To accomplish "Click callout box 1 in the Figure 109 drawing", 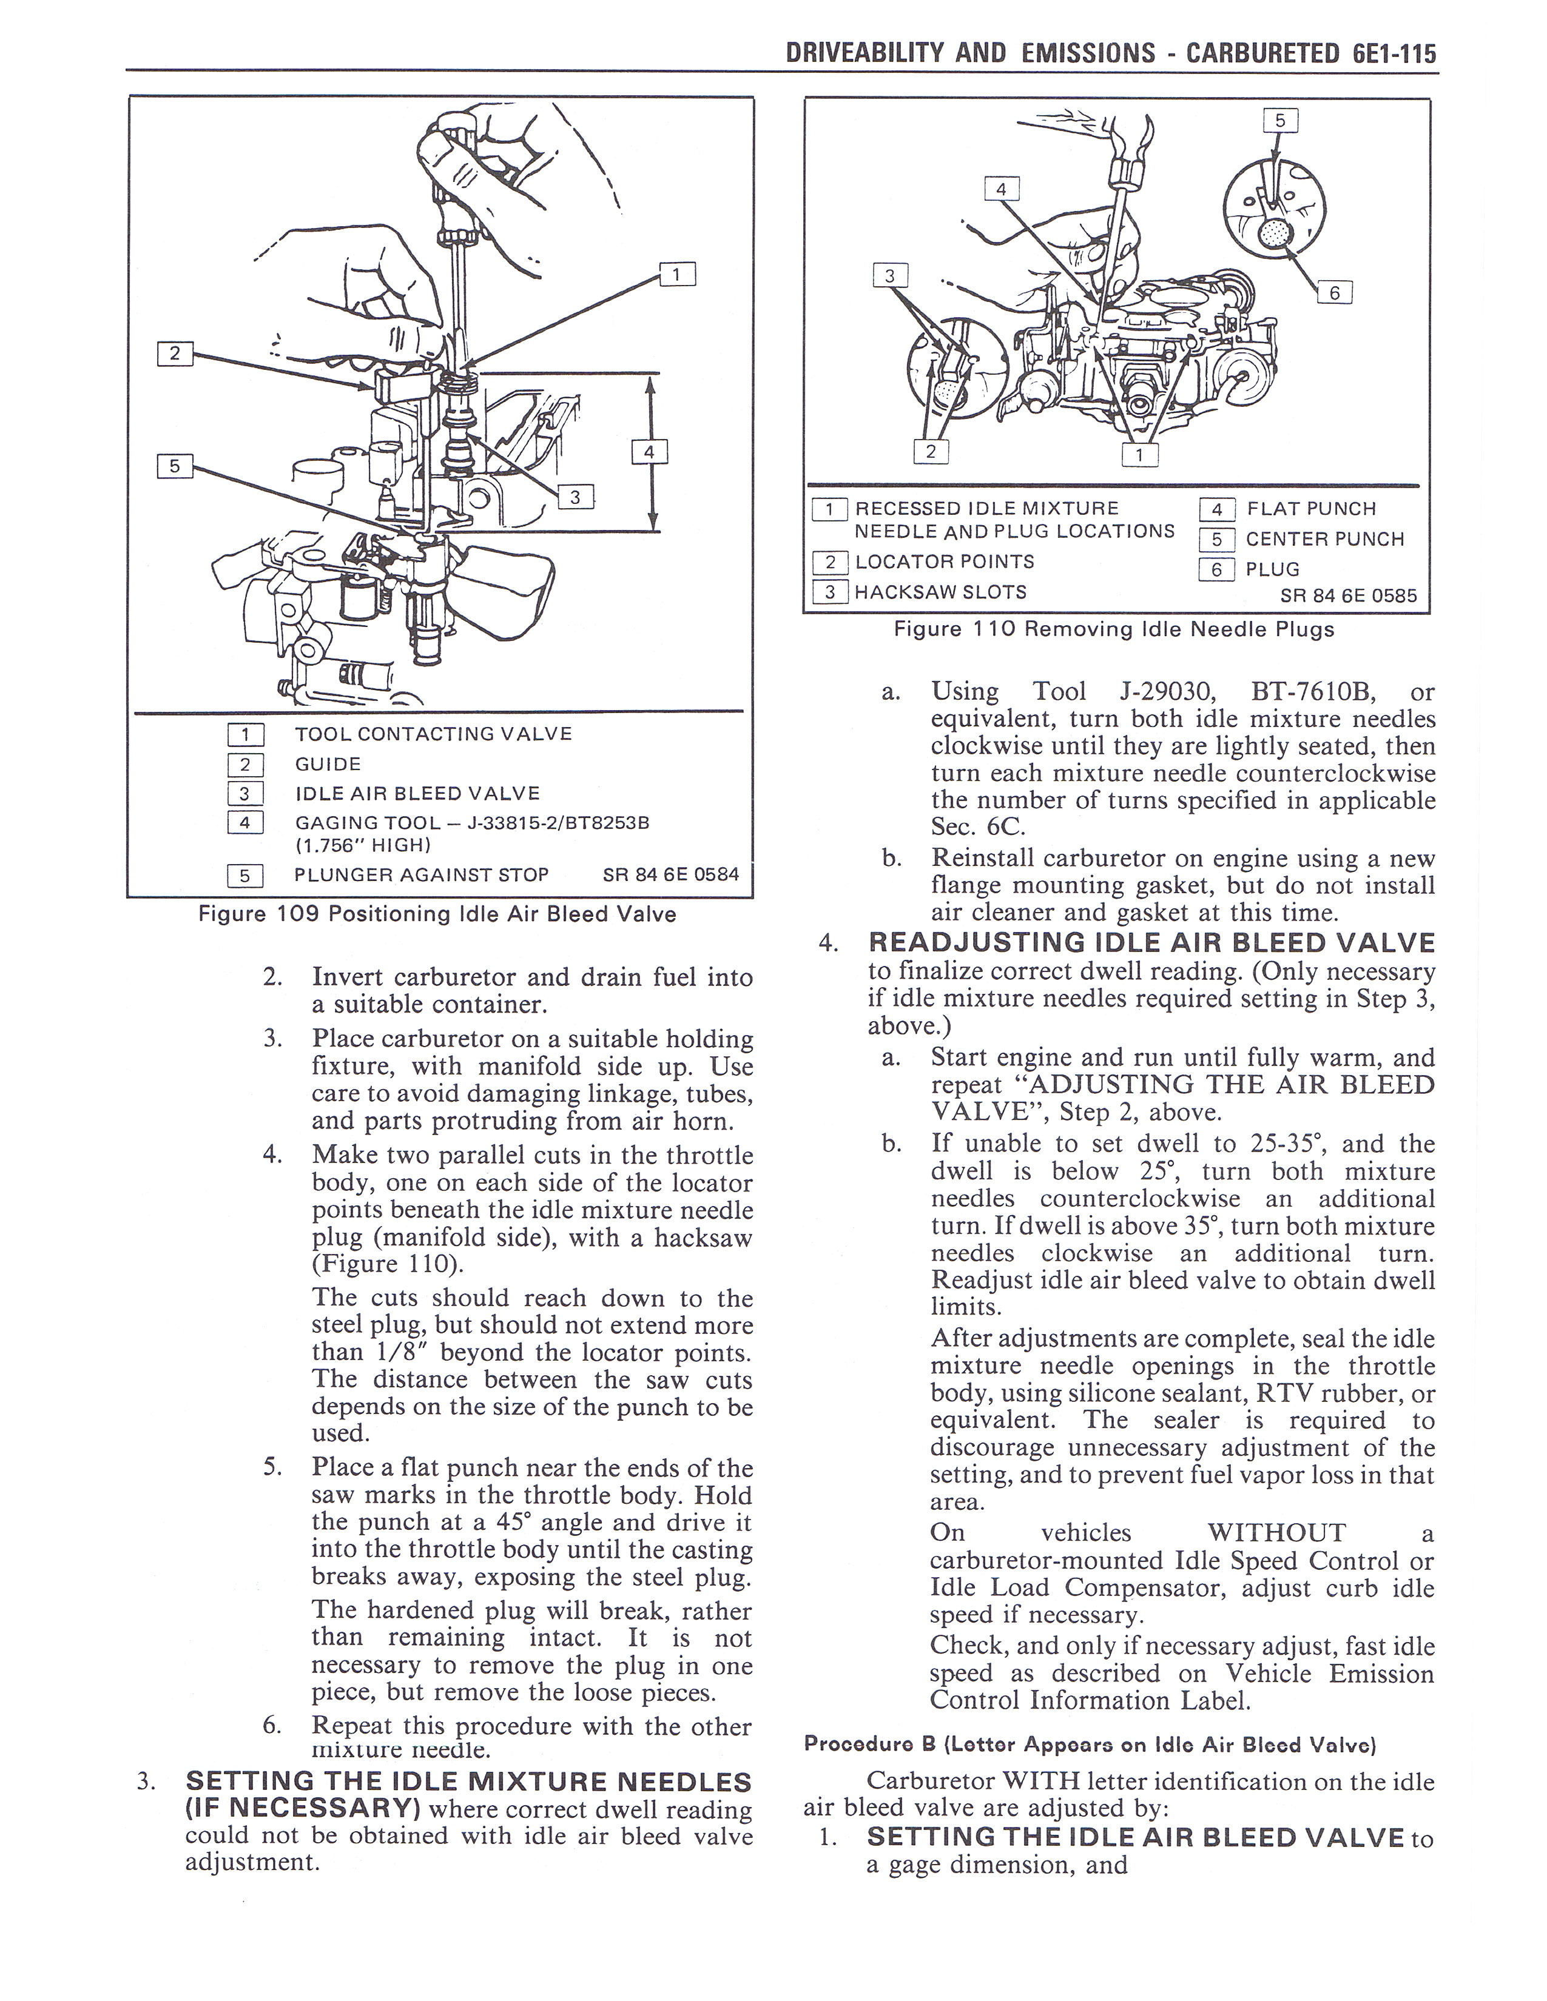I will [677, 274].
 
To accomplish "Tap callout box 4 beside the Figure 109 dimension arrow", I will [650, 452].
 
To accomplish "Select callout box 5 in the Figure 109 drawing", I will [174, 466].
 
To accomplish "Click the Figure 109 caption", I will [437, 914].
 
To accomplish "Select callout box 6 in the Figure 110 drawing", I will [1335, 292].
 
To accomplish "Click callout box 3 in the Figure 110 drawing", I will [889, 275].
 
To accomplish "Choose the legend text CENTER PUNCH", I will [1324, 538].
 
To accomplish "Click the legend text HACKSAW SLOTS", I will [940, 592].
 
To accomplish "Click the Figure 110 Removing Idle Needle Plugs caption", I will [1113, 629].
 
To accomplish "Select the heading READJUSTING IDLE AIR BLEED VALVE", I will [1151, 943].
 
